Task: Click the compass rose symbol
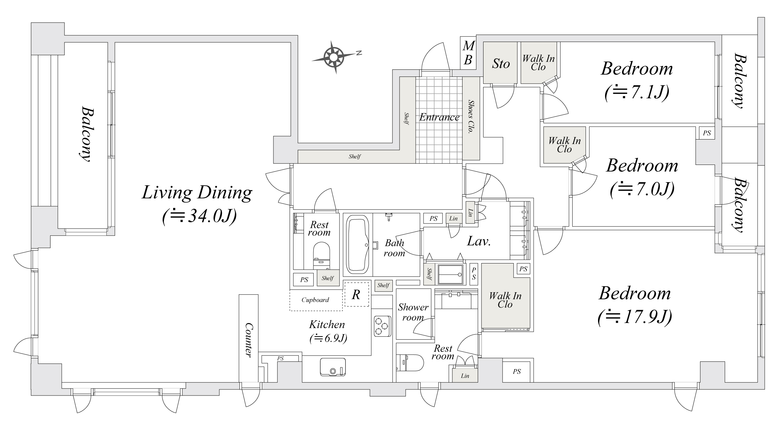pyautogui.click(x=334, y=57)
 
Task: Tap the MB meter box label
pyautogui.click(x=468, y=53)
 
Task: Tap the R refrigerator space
pyautogui.click(x=356, y=295)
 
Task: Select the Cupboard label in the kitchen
pyautogui.click(x=315, y=300)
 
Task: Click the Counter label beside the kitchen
pyautogui.click(x=249, y=339)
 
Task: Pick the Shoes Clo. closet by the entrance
pyautogui.click(x=471, y=116)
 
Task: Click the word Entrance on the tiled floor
pyautogui.click(x=439, y=118)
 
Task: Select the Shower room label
pyautogui.click(x=413, y=312)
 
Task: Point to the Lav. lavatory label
pyautogui.click(x=479, y=241)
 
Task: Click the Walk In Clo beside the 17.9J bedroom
pyautogui.click(x=505, y=300)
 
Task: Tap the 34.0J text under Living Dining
pyautogui.click(x=199, y=216)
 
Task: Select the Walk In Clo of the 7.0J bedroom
pyautogui.click(x=564, y=145)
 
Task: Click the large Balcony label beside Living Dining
pyautogui.click(x=87, y=135)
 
